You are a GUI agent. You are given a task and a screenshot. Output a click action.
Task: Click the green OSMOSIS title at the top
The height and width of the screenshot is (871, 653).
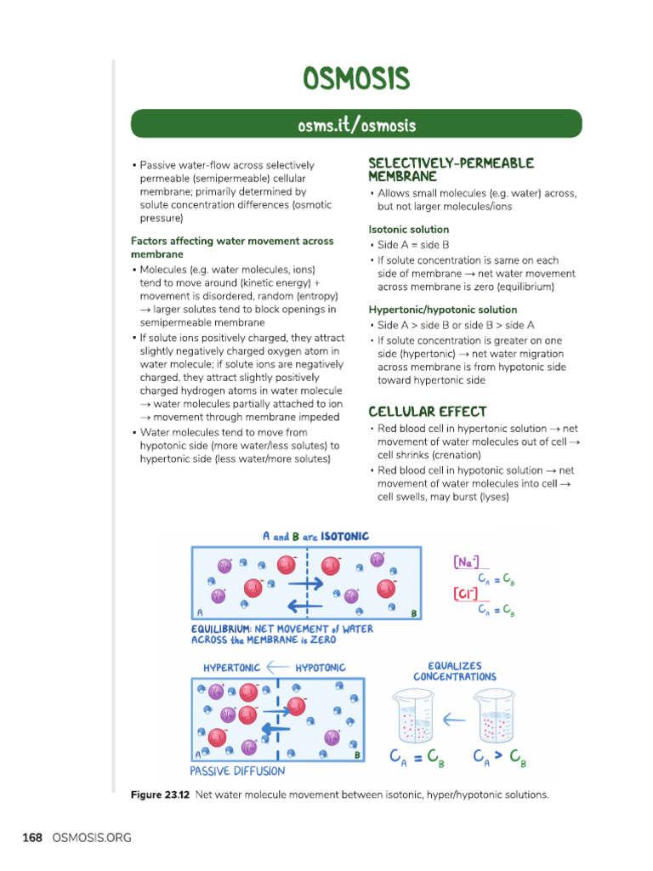[356, 79]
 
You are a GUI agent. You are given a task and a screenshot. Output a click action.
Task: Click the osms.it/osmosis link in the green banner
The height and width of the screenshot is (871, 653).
[356, 126]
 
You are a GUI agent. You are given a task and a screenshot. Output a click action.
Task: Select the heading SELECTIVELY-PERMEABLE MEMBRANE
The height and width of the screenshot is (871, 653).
[451, 169]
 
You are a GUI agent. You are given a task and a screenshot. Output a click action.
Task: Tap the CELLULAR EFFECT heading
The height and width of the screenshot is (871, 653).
[428, 412]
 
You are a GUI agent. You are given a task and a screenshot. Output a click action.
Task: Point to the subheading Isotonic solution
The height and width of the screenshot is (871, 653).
[409, 229]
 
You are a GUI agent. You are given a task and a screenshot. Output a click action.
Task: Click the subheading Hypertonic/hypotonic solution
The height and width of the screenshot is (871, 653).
[442, 310]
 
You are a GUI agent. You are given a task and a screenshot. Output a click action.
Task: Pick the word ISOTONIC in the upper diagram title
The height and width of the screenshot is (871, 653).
[344, 537]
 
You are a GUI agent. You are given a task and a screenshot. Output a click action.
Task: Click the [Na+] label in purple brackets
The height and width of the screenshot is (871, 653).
[466, 562]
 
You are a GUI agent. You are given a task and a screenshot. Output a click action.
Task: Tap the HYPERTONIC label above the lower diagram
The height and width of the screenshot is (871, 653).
[232, 668]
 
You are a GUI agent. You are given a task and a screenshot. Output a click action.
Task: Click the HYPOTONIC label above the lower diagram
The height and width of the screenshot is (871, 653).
[320, 668]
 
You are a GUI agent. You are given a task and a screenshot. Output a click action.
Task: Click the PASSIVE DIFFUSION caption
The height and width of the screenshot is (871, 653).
[237, 771]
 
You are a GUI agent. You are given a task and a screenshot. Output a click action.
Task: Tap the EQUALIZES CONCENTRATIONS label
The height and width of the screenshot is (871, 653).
[454, 671]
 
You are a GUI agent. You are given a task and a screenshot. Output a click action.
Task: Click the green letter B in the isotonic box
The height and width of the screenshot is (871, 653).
[413, 612]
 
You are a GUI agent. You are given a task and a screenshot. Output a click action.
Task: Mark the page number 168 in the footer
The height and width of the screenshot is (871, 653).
[32, 838]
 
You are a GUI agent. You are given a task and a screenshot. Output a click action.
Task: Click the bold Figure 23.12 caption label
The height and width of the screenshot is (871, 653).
[160, 795]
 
